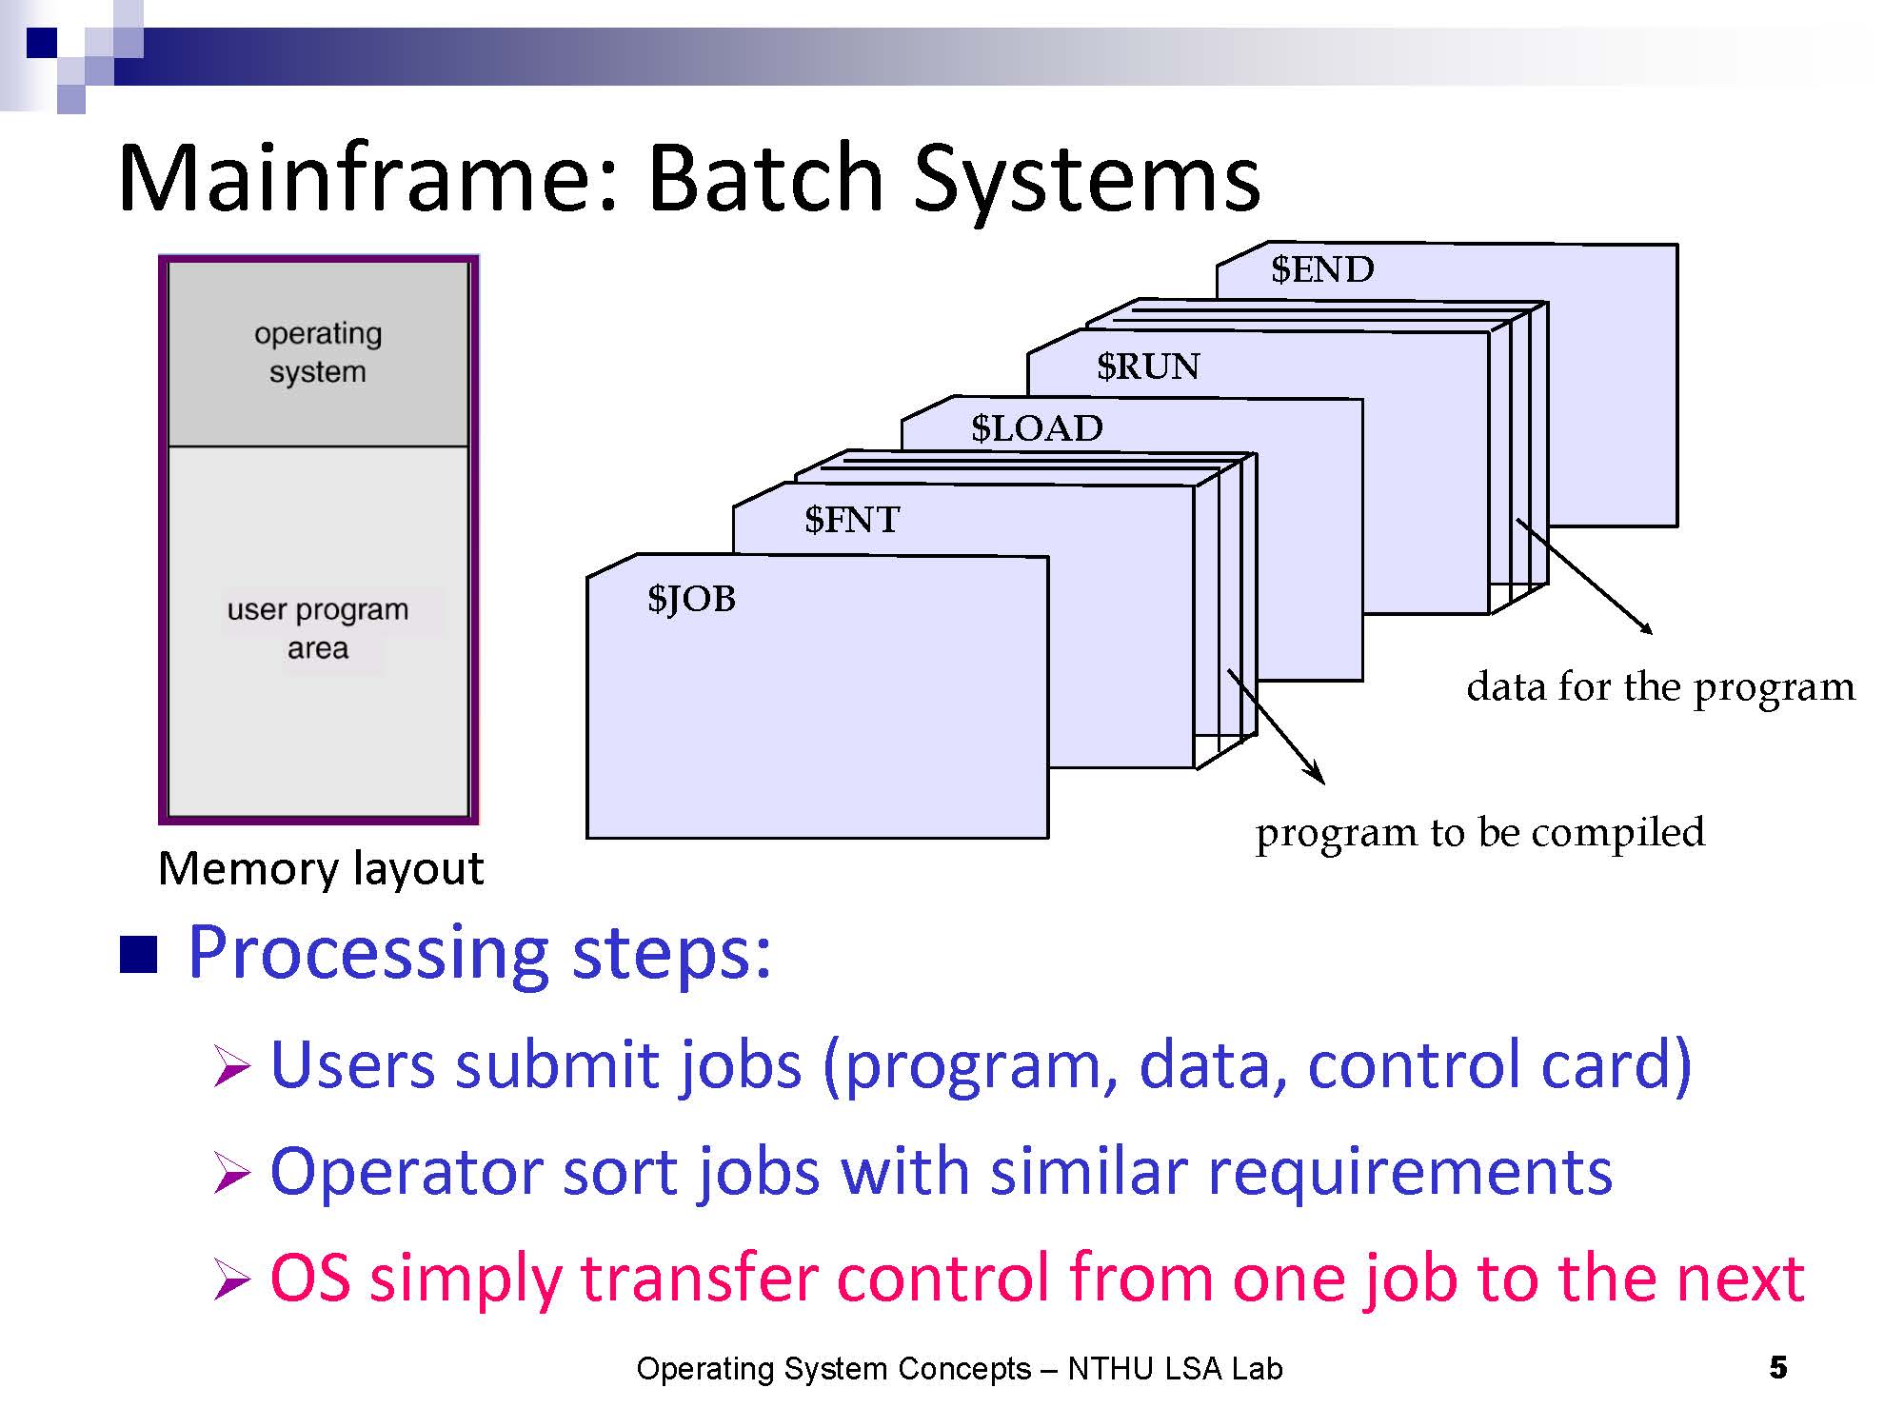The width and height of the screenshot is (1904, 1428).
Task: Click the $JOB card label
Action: [x=691, y=599]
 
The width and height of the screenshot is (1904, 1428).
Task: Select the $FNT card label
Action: [x=852, y=520]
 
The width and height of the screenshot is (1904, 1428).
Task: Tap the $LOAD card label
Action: [x=1037, y=428]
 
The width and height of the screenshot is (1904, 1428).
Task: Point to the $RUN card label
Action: [x=1148, y=367]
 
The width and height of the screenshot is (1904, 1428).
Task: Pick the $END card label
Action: [x=1322, y=269]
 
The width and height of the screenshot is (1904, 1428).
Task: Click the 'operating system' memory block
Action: [x=318, y=353]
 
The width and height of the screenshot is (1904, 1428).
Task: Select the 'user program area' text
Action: [x=318, y=628]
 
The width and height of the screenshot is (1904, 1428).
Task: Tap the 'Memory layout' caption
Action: [x=321, y=868]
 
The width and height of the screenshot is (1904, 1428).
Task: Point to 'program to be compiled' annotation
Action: [x=1480, y=833]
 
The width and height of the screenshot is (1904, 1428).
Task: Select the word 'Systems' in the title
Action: [x=1087, y=180]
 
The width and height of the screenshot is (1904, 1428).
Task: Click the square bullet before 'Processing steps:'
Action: [x=138, y=955]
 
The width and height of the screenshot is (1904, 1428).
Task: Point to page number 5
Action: [x=1777, y=1368]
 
